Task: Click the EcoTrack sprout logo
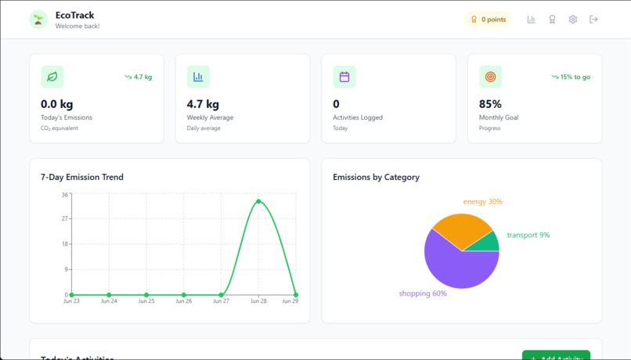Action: pyautogui.click(x=38, y=20)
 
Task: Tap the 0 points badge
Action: pyautogui.click(x=489, y=20)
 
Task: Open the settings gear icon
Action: pyautogui.click(x=572, y=20)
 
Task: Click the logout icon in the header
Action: pyautogui.click(x=593, y=20)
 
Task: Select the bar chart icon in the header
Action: pyautogui.click(x=531, y=20)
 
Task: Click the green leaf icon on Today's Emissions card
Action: pyautogui.click(x=52, y=77)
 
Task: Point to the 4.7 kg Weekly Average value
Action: pyautogui.click(x=203, y=104)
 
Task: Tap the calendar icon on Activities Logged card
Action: pyautogui.click(x=344, y=77)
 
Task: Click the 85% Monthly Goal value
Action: pyautogui.click(x=490, y=104)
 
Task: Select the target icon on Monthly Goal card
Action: pyautogui.click(x=490, y=77)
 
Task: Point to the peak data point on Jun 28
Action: pyautogui.click(x=258, y=201)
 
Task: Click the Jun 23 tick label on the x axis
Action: pyautogui.click(x=71, y=301)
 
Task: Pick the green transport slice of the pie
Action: pyautogui.click(x=489, y=243)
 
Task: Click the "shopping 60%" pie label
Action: pyautogui.click(x=423, y=293)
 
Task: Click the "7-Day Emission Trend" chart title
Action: pyautogui.click(x=81, y=177)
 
